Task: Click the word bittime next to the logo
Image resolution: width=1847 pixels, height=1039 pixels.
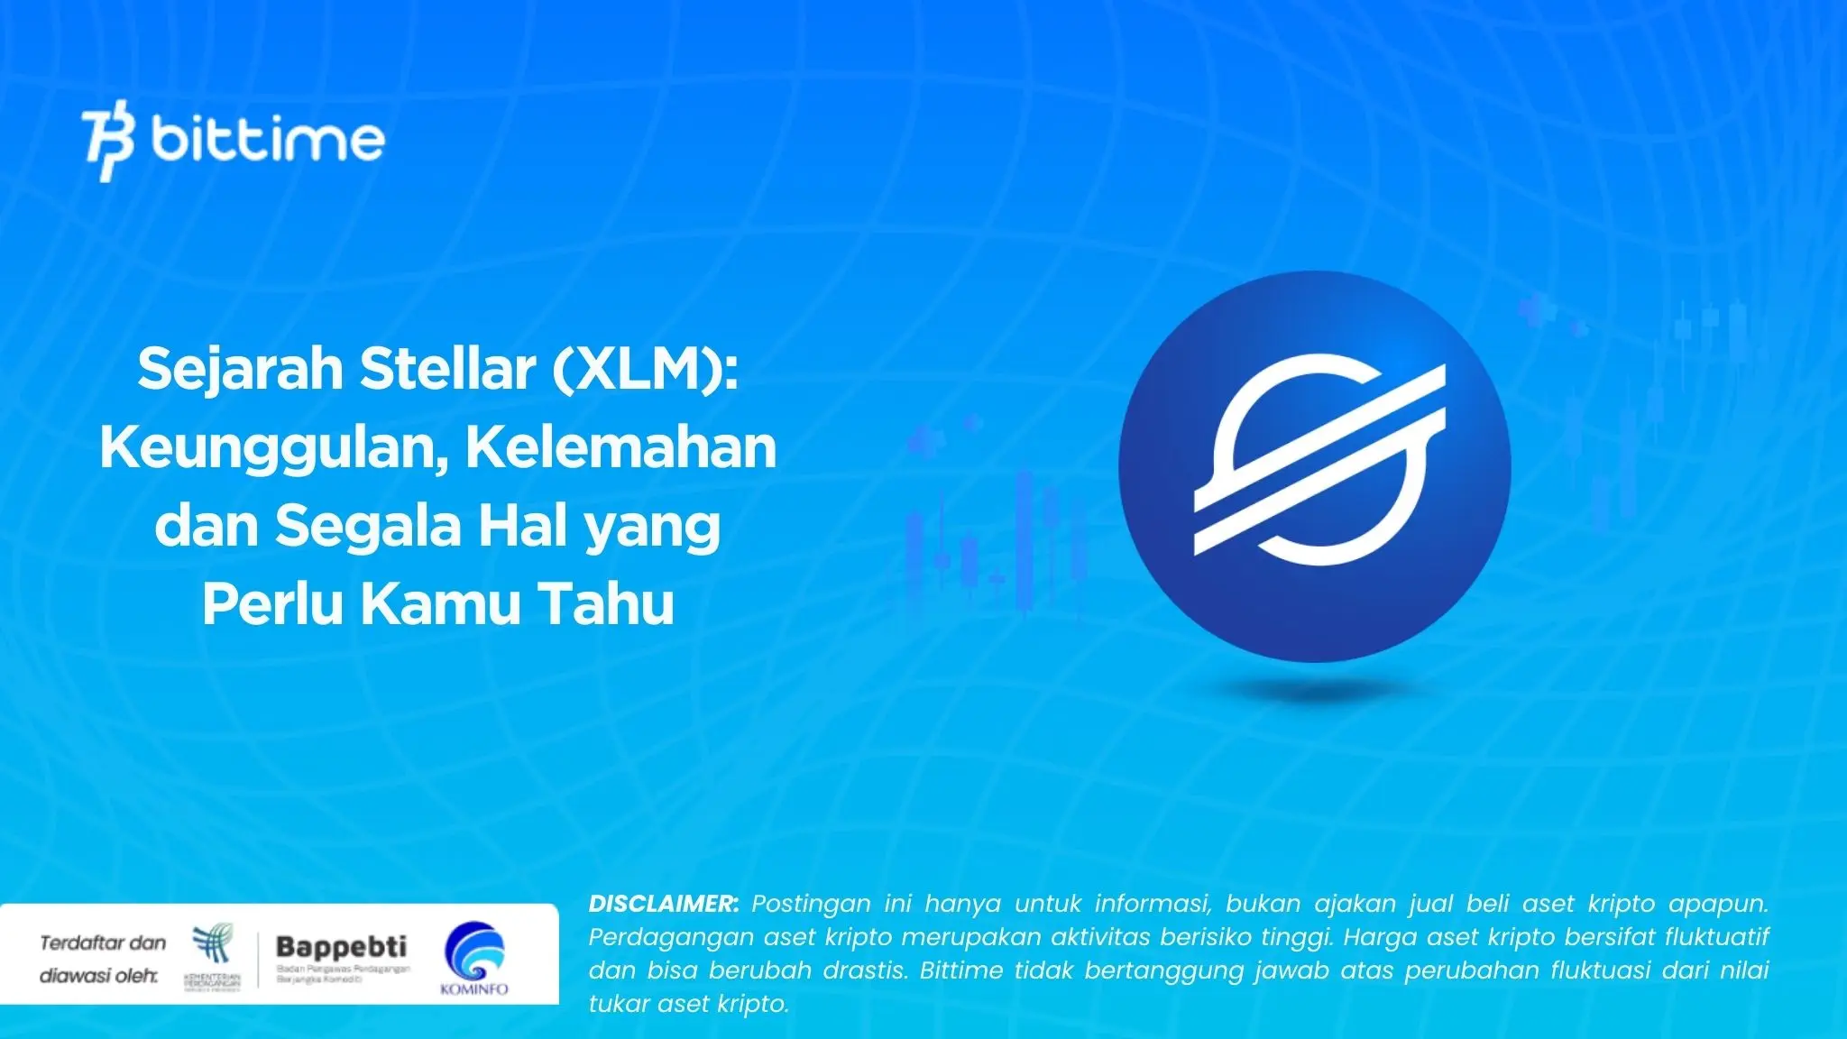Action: point(268,140)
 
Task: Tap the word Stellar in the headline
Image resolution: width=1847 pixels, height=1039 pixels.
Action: point(447,369)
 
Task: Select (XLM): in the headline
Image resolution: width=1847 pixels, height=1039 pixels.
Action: point(646,370)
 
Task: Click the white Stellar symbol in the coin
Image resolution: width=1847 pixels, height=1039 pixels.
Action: point(1318,461)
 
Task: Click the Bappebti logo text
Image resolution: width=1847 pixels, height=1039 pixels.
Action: point(341,947)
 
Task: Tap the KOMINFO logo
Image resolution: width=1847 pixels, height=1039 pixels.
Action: point(474,958)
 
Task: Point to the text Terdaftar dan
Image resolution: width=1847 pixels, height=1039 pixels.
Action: point(103,943)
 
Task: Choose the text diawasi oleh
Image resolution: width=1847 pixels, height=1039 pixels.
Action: point(98,976)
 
